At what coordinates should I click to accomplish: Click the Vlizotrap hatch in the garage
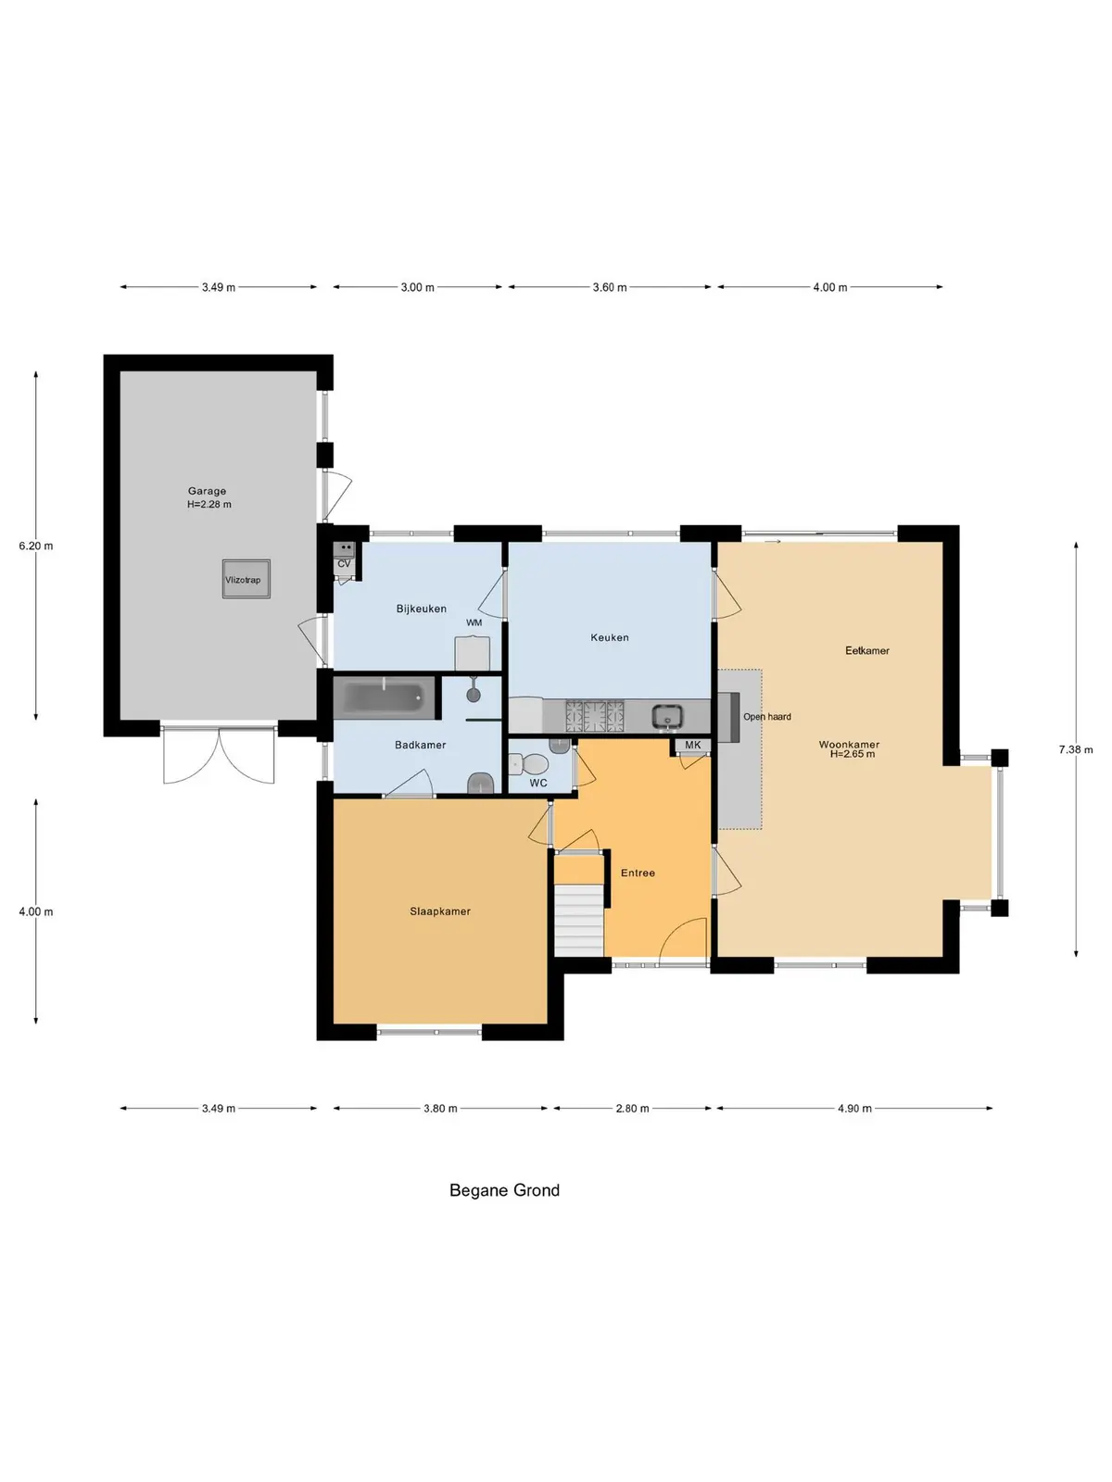tap(246, 579)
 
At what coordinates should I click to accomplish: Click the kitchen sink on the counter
tap(668, 716)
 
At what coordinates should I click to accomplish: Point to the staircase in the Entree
tap(578, 922)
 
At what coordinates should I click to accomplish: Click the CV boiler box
tap(344, 558)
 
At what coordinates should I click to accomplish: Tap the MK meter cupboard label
tap(693, 745)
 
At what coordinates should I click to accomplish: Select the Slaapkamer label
tap(440, 911)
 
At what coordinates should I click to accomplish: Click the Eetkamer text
tap(867, 650)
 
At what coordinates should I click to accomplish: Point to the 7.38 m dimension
tap(1076, 748)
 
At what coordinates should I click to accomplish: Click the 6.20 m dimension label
tap(36, 546)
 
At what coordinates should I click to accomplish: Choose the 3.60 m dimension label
tap(610, 287)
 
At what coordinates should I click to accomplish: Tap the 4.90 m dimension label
tap(854, 1108)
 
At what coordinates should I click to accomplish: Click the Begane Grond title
tap(504, 1189)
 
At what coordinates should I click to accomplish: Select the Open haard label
tap(767, 716)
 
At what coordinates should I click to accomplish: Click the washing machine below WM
tap(472, 653)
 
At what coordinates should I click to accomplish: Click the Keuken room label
tap(610, 636)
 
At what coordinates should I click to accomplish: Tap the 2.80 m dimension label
tap(632, 1108)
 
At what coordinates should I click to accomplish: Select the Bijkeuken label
tap(422, 609)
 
